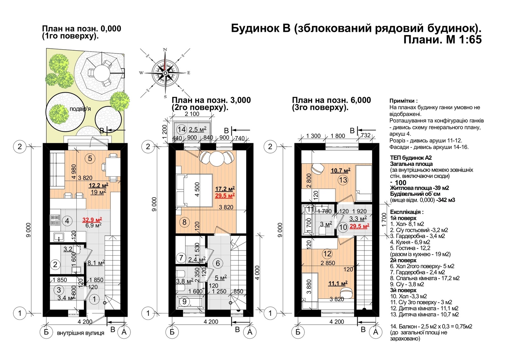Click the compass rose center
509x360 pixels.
165,73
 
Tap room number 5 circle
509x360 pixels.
90,159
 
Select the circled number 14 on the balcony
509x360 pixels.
182,130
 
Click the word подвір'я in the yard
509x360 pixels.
80,109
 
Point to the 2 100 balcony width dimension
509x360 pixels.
192,114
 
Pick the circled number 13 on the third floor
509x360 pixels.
343,180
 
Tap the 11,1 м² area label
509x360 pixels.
338,283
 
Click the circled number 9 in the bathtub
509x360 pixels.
185,301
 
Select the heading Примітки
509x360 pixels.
403,101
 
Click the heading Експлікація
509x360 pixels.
407,212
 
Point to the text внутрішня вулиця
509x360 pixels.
80,333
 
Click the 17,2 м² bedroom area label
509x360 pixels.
225,189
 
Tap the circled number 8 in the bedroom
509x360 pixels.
184,222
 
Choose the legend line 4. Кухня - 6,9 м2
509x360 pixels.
410,242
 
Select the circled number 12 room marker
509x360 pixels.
327,254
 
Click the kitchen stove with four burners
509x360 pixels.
55,220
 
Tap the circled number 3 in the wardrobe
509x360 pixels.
59,290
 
